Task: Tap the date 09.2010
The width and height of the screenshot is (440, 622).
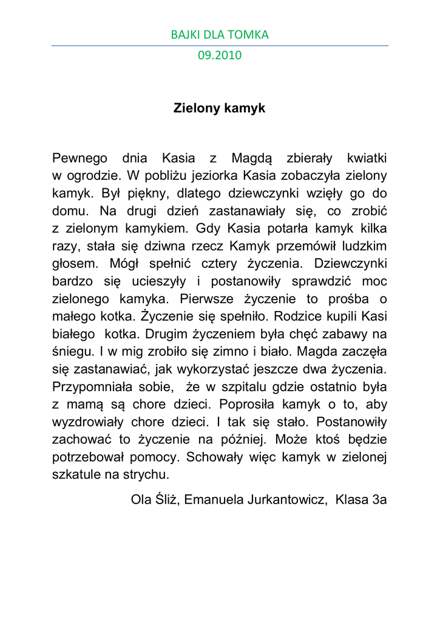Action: (x=220, y=55)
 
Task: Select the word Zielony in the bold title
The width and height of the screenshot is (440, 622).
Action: (x=197, y=109)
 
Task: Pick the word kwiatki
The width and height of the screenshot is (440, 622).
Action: (x=367, y=159)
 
